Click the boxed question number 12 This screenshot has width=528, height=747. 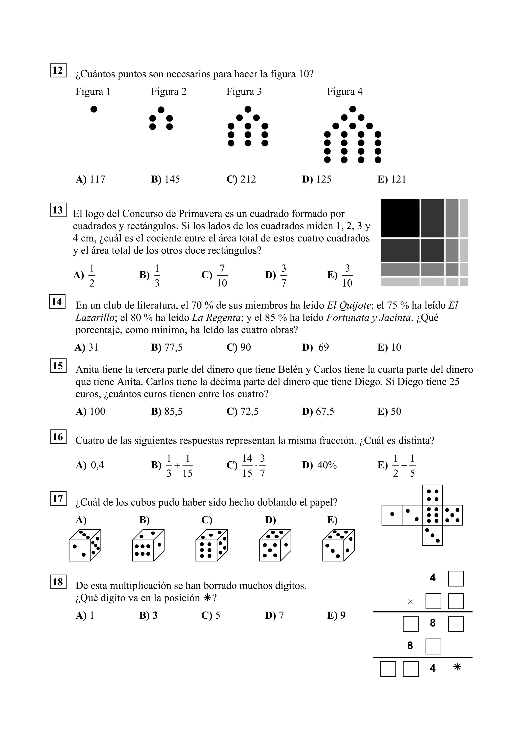[x=58, y=70]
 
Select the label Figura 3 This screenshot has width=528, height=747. [x=244, y=92]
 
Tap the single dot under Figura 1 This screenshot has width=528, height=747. [x=94, y=109]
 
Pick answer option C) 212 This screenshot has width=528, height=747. [x=241, y=179]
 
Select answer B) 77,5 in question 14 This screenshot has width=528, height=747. [x=167, y=347]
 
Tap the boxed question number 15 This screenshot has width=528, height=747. [x=58, y=366]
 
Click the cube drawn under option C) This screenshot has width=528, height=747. [x=211, y=545]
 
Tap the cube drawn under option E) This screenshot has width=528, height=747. [x=338, y=545]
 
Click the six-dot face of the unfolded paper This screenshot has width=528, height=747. [x=432, y=515]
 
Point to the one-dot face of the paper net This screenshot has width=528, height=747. [x=392, y=515]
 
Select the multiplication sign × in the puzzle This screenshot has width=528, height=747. [x=410, y=602]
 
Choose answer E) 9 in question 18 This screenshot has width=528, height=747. [x=336, y=615]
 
